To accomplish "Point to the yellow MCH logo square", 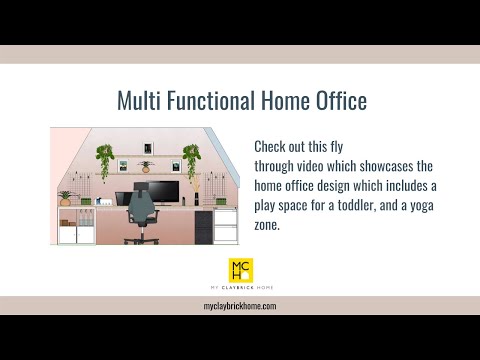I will tap(240, 269).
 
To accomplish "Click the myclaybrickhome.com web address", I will tap(240, 306).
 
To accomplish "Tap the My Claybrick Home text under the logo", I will tap(240, 288).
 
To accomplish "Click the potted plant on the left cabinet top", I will tap(66, 197).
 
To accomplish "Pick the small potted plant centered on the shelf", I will tap(146, 166).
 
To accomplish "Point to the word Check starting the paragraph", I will tap(271, 146).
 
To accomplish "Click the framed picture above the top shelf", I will tap(148, 142).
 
